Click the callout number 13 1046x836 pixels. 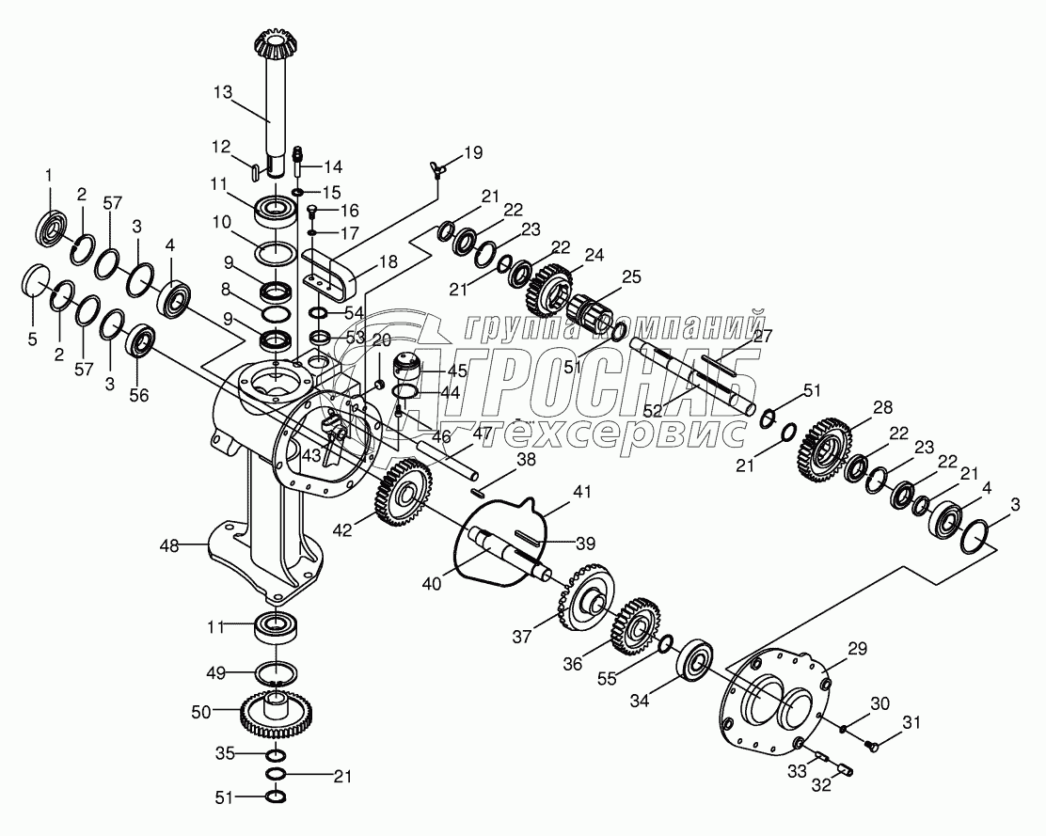click(222, 92)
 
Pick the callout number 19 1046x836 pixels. click(473, 152)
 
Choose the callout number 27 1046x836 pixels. click(763, 335)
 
